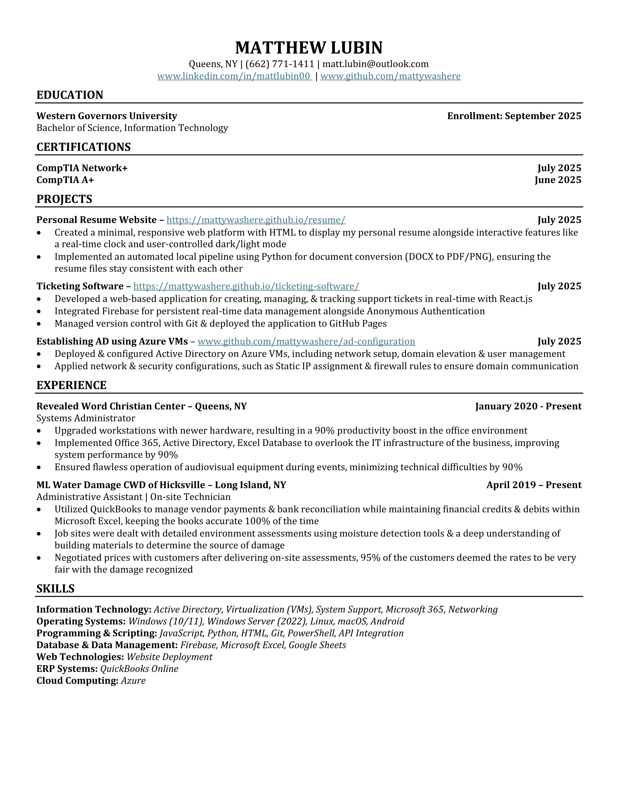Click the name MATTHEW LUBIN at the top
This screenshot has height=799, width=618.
click(309, 47)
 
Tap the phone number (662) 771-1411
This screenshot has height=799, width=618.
click(280, 64)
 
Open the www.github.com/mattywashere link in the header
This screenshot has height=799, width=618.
click(390, 76)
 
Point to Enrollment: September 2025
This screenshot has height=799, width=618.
click(514, 116)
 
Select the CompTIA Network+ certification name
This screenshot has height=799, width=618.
click(82, 168)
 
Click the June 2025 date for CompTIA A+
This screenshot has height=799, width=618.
click(558, 180)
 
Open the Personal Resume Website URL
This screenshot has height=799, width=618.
click(256, 220)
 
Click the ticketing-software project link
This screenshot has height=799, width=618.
click(246, 286)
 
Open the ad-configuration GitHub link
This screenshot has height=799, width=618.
click(306, 341)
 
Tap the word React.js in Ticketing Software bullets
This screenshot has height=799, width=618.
click(515, 299)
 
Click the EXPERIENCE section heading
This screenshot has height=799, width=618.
click(71, 385)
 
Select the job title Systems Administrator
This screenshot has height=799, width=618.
click(86, 418)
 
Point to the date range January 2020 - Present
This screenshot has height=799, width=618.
click(528, 407)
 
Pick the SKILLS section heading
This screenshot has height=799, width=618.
click(55, 589)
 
